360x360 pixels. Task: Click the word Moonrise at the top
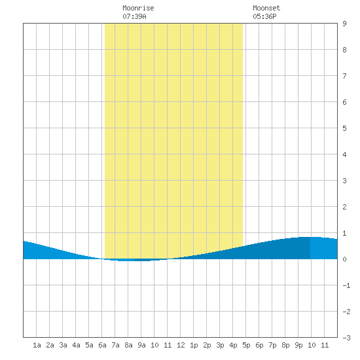click(x=138, y=8)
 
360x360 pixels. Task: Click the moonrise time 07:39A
click(x=134, y=16)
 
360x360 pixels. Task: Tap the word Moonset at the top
click(x=266, y=8)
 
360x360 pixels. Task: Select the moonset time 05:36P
click(x=264, y=16)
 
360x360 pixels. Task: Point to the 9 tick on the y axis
click(x=344, y=24)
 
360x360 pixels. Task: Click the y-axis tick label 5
click(x=344, y=128)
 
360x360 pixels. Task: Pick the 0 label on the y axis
click(x=344, y=259)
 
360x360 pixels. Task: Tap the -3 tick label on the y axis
click(x=346, y=338)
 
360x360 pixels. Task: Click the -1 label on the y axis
click(x=346, y=285)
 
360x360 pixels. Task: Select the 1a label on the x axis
click(x=37, y=345)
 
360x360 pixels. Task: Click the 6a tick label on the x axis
click(x=102, y=345)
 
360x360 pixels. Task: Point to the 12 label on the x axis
click(x=181, y=345)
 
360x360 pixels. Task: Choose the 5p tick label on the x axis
click(x=246, y=345)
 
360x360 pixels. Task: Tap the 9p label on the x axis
click(x=298, y=345)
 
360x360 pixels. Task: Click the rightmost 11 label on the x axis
click(x=325, y=345)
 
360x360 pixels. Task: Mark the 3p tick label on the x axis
click(x=220, y=345)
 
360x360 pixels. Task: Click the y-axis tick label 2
click(x=344, y=207)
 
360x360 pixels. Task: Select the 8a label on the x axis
click(x=128, y=345)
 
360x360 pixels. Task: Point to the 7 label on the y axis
click(x=344, y=76)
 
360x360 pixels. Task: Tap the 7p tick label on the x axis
click(x=272, y=345)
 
